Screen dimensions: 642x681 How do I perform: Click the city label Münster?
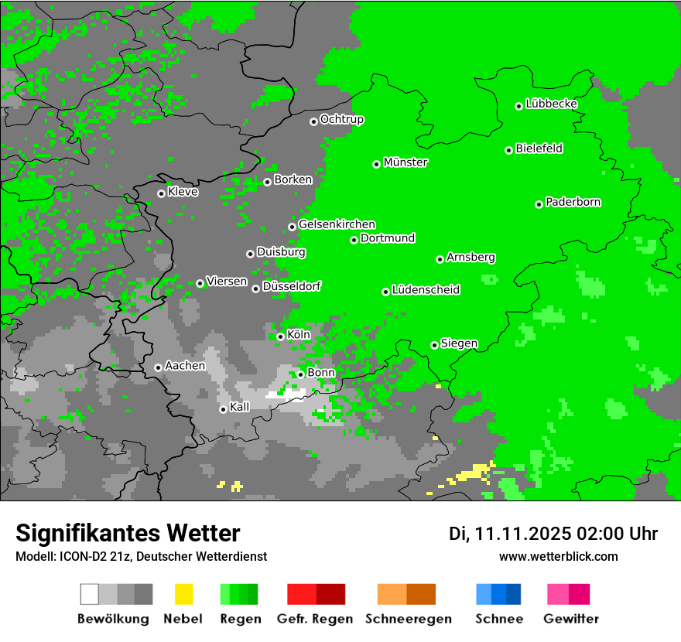point(406,162)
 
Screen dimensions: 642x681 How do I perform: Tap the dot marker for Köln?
point(280,336)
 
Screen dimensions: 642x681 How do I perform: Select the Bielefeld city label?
point(539,149)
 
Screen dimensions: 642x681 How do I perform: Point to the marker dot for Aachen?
point(158,367)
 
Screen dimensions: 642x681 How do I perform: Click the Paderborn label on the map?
point(573,203)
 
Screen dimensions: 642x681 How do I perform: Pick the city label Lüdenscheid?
point(426,290)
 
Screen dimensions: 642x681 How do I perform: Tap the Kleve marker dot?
point(161,193)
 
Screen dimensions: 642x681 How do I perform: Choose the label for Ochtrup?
point(342,120)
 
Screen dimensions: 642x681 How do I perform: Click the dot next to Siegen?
point(434,345)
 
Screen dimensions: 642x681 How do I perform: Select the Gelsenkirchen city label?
point(337,224)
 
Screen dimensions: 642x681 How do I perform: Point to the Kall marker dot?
point(223,409)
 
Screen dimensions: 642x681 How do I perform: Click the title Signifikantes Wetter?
point(128,533)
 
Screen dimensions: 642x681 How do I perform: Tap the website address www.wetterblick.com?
point(559,556)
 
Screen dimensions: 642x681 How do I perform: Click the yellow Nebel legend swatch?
point(184,594)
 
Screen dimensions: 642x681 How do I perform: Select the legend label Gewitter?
point(571,619)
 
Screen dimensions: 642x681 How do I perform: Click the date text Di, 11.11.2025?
point(510,534)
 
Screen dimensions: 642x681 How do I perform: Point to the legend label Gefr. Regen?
point(315,619)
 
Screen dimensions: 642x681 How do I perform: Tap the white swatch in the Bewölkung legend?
point(90,594)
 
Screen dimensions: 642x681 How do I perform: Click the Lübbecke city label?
point(552,104)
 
